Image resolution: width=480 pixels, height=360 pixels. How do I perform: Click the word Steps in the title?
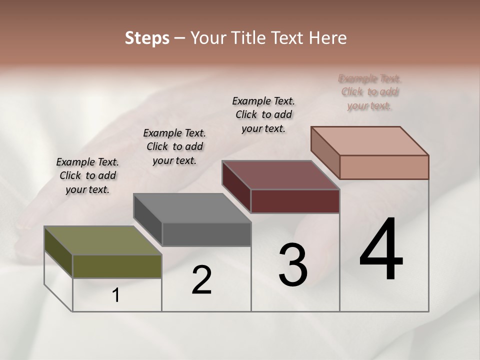[147, 38]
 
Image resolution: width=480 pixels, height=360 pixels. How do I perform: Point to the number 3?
[292, 265]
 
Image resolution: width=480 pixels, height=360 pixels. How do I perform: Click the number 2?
[201, 280]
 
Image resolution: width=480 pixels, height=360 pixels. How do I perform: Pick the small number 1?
[116, 295]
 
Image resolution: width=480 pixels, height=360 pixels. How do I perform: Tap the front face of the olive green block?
[117, 266]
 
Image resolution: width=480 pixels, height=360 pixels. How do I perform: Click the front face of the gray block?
[206, 234]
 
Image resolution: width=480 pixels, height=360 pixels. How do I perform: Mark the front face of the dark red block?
[295, 201]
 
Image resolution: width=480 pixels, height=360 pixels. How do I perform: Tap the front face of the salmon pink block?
[384, 167]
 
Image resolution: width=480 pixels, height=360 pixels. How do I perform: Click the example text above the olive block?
[87, 175]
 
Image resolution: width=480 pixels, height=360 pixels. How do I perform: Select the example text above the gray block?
[174, 146]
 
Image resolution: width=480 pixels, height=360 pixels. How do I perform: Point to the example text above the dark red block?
[263, 114]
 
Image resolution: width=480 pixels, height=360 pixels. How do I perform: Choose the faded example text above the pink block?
[370, 92]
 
